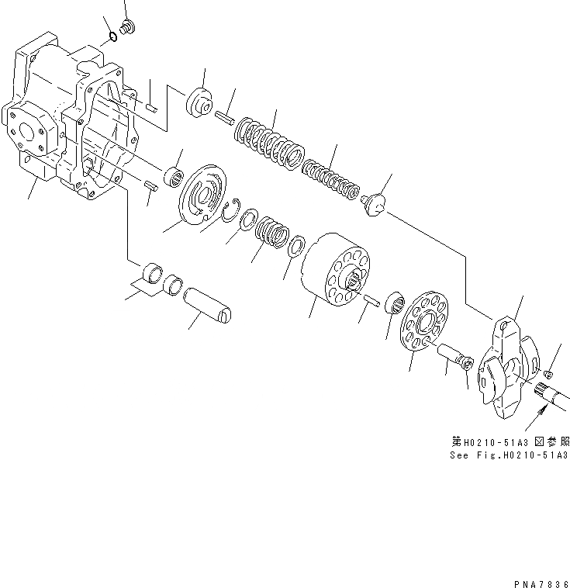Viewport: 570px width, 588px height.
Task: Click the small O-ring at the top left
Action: [113, 34]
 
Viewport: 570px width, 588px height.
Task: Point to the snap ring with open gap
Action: [229, 211]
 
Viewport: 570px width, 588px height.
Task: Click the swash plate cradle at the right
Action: [504, 368]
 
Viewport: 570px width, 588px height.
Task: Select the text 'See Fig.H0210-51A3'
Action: [509, 455]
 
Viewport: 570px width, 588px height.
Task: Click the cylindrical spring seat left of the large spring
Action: [199, 103]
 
